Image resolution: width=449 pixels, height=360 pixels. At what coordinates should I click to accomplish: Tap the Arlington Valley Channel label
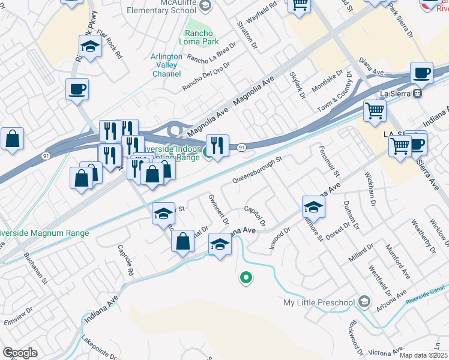[166, 65]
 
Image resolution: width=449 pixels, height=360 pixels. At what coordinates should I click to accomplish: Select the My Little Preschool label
[319, 302]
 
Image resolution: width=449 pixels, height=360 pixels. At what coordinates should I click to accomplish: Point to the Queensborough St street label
[257, 172]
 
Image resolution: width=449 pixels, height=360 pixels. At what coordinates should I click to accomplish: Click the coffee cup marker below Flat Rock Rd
[77, 89]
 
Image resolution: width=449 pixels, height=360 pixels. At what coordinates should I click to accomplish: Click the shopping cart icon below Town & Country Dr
[375, 110]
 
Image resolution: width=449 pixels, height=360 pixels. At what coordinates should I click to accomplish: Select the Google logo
[20, 353]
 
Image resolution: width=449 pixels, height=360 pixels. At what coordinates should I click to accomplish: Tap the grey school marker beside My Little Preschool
[364, 302]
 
